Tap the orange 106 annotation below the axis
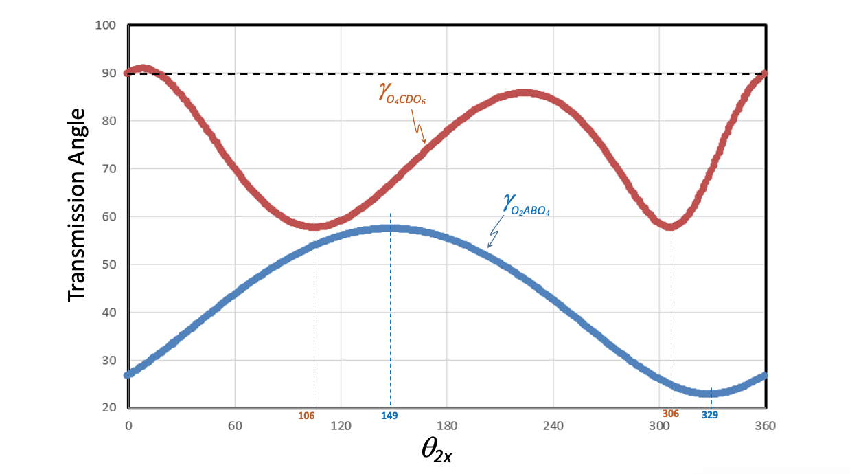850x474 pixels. (306, 416)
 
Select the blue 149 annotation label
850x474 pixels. (389, 416)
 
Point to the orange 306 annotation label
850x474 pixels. (670, 414)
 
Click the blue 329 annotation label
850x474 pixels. (710, 416)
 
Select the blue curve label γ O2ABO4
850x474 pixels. (526, 205)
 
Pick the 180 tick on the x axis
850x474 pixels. (447, 426)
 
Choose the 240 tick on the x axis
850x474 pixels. (553, 426)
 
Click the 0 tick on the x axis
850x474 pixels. (128, 426)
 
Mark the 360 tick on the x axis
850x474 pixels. (765, 426)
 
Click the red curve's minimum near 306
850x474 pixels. (671, 226)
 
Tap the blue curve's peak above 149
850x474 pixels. (389, 228)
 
